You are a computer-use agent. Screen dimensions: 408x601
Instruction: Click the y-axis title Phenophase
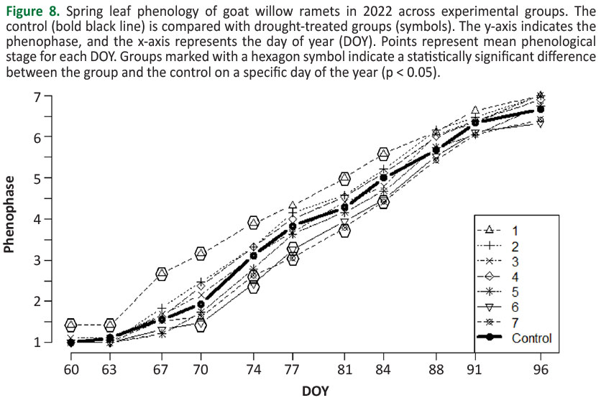point(10,218)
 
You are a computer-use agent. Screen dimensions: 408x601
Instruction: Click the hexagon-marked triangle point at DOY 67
point(162,274)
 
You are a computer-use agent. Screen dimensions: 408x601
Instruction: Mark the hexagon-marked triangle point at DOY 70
point(201,253)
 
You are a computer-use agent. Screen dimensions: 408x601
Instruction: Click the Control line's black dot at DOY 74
point(253,256)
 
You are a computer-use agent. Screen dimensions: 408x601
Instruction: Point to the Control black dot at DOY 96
point(541,109)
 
